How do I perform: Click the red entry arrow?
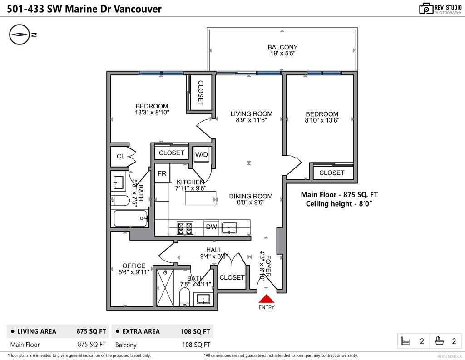click(x=267, y=298)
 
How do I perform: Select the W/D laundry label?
click(x=201, y=154)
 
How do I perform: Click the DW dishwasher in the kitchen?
click(x=212, y=227)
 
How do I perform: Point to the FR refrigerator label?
click(x=162, y=173)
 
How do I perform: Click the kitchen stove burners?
click(x=185, y=228)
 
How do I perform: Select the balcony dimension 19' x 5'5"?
click(x=282, y=54)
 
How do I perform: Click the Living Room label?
click(x=252, y=114)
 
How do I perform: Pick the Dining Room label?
click(x=251, y=196)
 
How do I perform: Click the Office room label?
click(x=134, y=266)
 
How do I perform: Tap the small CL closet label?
click(x=121, y=156)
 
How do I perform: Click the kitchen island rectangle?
click(x=200, y=198)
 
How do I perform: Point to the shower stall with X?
click(x=165, y=288)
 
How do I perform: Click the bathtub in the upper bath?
click(x=131, y=218)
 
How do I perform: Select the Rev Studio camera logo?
click(x=426, y=9)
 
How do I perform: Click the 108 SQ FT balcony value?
click(x=196, y=345)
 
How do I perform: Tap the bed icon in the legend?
click(x=406, y=341)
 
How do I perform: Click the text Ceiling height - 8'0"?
click(x=339, y=204)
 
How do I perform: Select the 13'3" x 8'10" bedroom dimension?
click(x=152, y=113)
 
